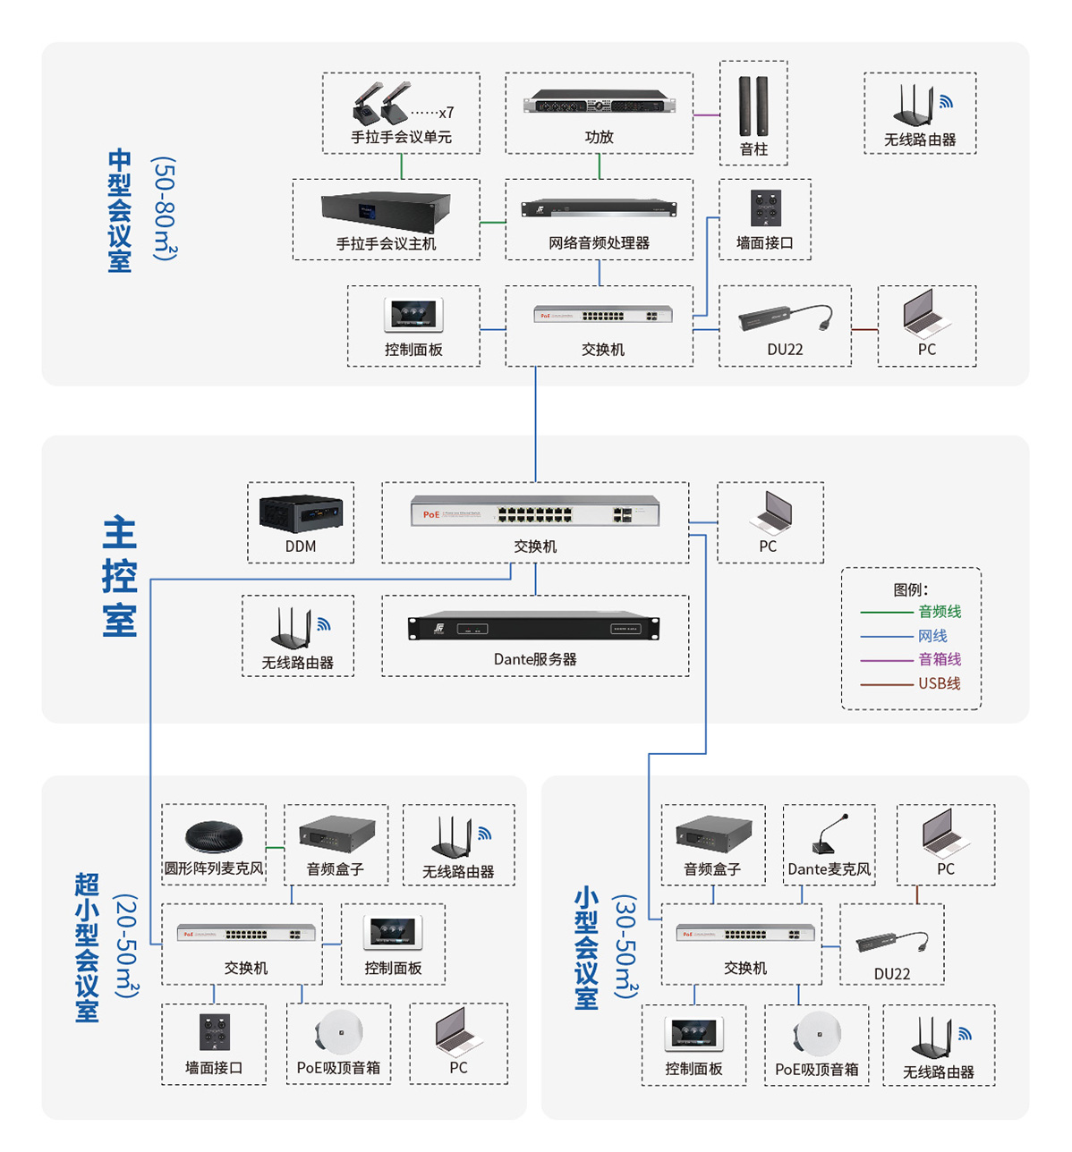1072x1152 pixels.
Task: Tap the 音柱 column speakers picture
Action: tap(753, 106)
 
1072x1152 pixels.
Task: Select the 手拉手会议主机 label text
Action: tap(386, 243)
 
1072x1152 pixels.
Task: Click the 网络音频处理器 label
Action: tap(599, 243)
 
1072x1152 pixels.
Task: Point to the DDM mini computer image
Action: tap(301, 513)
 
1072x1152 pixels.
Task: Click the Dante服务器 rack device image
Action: tap(534, 627)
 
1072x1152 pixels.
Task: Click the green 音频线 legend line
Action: tap(886, 613)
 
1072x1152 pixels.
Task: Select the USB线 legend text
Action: tap(939, 683)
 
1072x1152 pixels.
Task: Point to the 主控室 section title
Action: tap(120, 577)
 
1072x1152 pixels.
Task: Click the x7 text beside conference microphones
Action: tap(446, 113)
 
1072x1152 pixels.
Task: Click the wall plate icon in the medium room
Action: tap(765, 208)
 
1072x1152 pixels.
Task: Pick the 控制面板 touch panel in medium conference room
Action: tap(413, 315)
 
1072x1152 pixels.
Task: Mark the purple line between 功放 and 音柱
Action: tap(706, 114)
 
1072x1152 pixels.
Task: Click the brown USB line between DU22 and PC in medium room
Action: tap(864, 330)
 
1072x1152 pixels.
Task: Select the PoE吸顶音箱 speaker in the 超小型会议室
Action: tap(339, 1033)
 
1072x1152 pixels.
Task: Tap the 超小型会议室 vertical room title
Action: tap(87, 947)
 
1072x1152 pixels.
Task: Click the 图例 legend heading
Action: tap(910, 589)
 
